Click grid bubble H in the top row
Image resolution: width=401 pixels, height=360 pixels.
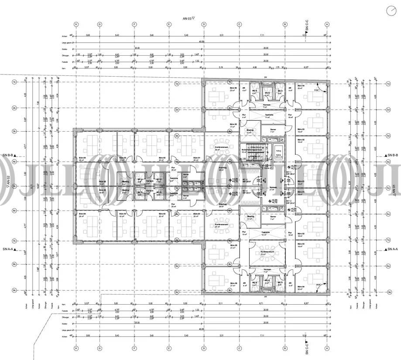[76, 24]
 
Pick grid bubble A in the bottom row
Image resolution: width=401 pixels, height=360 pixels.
[326, 348]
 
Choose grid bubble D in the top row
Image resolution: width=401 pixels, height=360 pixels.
[203, 24]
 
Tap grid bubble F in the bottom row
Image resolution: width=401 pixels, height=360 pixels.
[134, 348]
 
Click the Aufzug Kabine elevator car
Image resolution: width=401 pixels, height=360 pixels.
[278, 156]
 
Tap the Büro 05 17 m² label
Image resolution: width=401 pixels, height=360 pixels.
[233, 126]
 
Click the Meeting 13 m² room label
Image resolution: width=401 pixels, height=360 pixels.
[250, 131]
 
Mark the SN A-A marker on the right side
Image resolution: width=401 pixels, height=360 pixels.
[391, 250]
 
